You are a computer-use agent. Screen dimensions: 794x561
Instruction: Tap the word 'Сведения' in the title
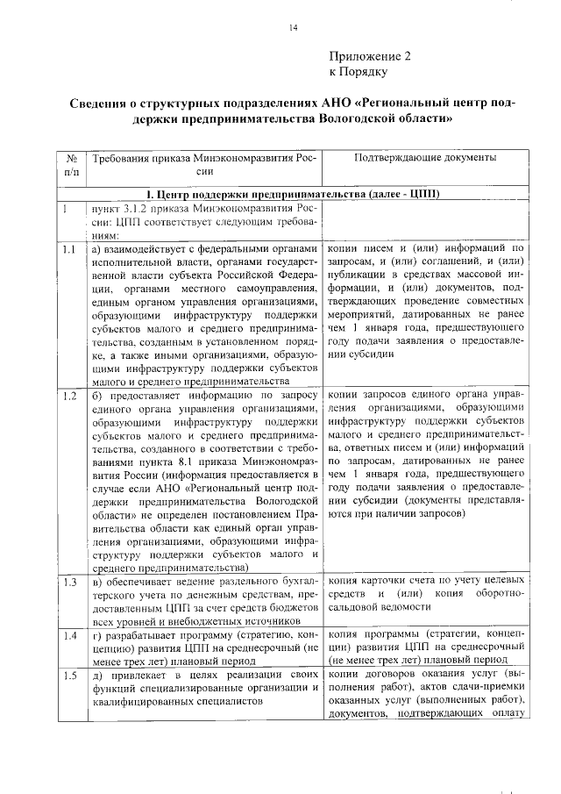coord(103,103)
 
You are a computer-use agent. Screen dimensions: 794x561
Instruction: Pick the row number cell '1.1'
coord(68,249)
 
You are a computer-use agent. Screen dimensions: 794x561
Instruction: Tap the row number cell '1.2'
coord(68,395)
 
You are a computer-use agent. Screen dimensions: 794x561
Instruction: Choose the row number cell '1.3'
coord(68,582)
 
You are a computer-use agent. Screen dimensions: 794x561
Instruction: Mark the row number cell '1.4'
coord(68,634)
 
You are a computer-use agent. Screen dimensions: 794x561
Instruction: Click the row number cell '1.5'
coord(68,675)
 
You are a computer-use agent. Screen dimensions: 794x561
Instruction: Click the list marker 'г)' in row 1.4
coord(96,634)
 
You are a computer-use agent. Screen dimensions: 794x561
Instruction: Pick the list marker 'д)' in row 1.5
coord(97,675)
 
